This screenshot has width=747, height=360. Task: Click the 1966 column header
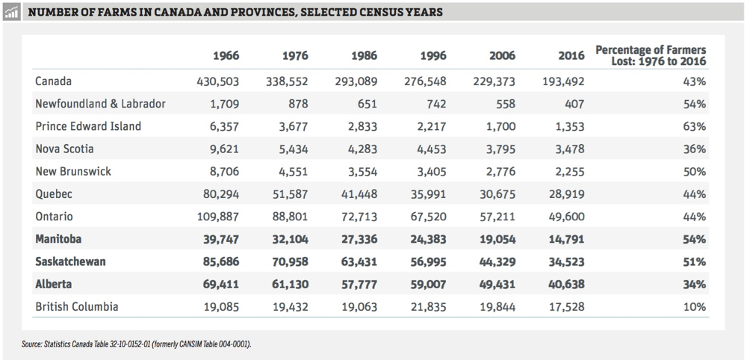(226, 55)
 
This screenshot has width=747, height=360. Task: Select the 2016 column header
(571, 55)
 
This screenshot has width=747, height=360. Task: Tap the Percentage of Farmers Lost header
(650, 55)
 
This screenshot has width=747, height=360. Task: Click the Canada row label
(53, 81)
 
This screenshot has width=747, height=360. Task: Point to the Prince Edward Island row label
(88, 126)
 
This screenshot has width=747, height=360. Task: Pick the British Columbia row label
(76, 307)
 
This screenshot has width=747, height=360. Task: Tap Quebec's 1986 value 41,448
(359, 194)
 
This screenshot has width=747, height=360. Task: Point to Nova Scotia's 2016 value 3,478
(570, 149)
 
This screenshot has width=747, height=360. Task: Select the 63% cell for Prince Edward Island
(694, 126)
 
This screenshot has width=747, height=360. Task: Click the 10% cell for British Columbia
(694, 307)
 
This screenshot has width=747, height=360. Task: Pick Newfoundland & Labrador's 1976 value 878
(297, 104)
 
